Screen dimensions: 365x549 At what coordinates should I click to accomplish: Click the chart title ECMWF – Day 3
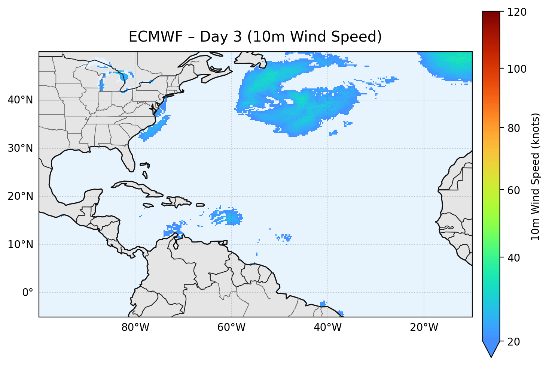(255, 37)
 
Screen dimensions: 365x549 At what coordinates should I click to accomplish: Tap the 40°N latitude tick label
(20, 100)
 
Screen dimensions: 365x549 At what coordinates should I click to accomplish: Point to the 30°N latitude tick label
(20, 148)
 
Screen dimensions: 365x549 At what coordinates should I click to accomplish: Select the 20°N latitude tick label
(20, 196)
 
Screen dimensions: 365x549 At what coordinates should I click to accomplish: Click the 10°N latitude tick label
(20, 245)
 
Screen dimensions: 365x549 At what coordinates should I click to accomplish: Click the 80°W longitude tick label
(135, 328)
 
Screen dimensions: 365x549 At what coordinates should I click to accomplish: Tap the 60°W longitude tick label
(231, 328)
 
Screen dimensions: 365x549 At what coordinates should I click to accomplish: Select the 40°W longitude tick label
(327, 328)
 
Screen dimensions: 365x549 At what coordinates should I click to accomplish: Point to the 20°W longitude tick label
(424, 328)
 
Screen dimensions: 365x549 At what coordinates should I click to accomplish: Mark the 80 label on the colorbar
(515, 128)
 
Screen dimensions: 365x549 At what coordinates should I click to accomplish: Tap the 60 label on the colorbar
(515, 190)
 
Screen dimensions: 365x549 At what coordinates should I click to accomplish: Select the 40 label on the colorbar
(515, 258)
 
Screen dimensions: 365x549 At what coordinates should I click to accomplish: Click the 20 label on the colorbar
(515, 342)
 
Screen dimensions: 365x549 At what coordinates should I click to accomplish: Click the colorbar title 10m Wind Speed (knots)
(536, 177)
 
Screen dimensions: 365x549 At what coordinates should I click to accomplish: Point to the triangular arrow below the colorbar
(491, 349)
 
